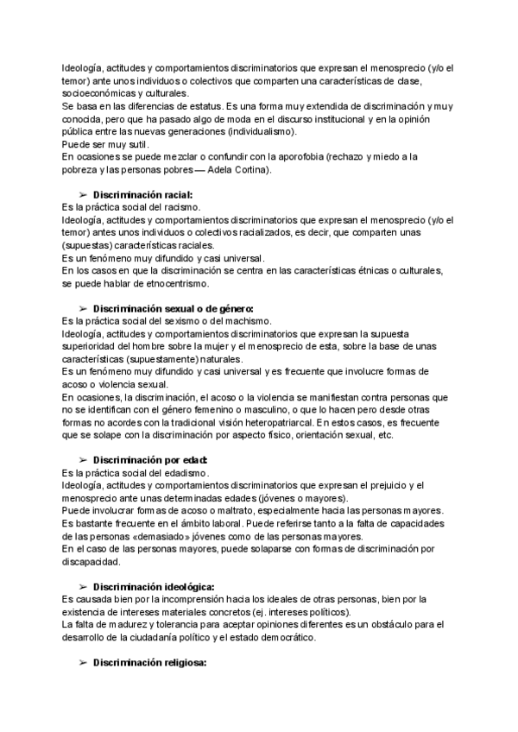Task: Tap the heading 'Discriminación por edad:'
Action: pyautogui.click(x=150, y=460)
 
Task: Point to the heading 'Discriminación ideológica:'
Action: pyautogui.click(x=154, y=587)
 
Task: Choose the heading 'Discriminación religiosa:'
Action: pyautogui.click(x=150, y=663)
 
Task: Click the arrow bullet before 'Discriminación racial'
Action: pyautogui.click(x=84, y=195)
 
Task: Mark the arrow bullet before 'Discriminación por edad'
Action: pyautogui.click(x=84, y=460)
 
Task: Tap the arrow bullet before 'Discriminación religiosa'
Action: pyautogui.click(x=84, y=663)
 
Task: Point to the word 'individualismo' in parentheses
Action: pyautogui.click(x=256, y=131)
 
